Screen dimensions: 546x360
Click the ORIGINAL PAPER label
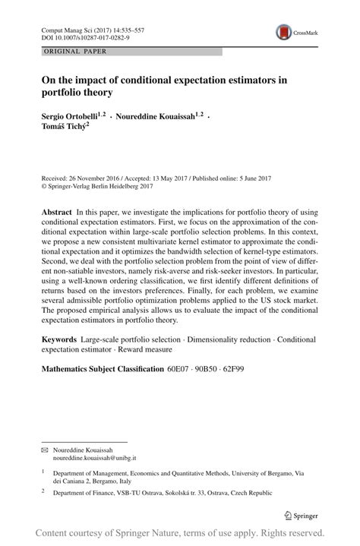pos(65,52)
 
